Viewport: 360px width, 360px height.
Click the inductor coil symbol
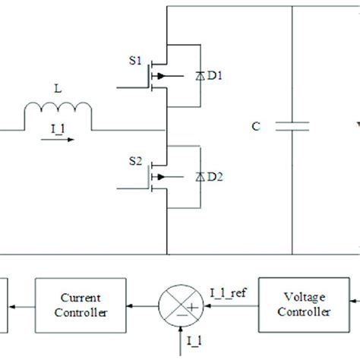(x=58, y=116)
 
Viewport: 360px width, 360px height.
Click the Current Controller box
(x=80, y=305)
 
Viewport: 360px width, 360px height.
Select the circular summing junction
(x=179, y=306)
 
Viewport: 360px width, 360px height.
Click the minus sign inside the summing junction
(x=179, y=317)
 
